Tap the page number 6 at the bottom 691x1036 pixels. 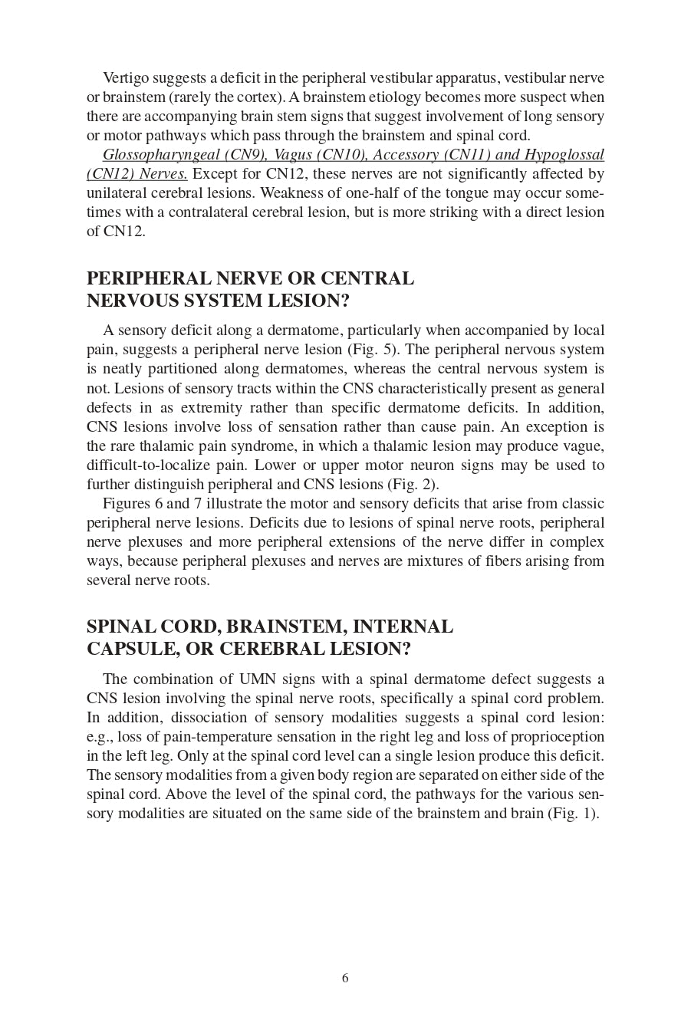tap(345, 978)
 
